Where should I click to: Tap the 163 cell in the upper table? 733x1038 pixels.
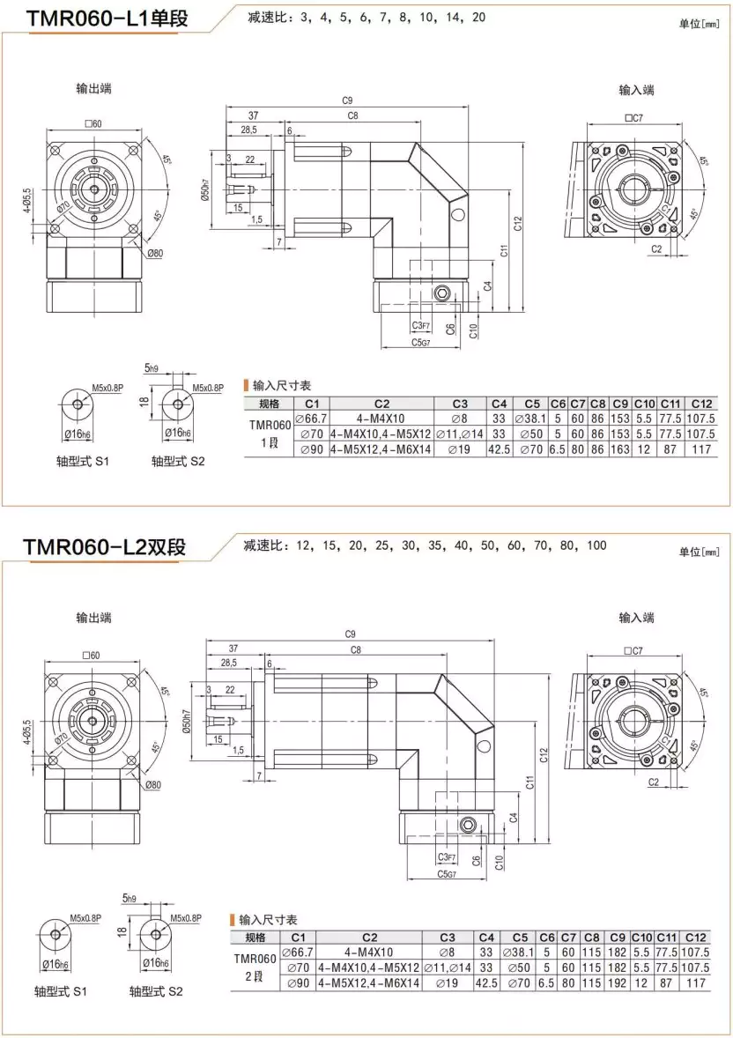[619, 449]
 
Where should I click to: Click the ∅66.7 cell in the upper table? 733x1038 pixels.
[310, 418]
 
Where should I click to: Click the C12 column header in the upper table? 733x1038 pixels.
[701, 404]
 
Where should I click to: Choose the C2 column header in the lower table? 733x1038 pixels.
[369, 937]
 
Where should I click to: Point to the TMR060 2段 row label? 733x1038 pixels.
[255, 966]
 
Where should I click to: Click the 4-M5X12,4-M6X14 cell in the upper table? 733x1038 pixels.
[381, 449]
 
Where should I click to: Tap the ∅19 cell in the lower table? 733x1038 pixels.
[447, 982]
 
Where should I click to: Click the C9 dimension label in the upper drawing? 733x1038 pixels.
[347, 100]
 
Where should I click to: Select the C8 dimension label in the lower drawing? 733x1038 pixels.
[356, 649]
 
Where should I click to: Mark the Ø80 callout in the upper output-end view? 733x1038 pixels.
[154, 253]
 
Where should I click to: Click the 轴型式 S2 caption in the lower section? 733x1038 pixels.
[156, 990]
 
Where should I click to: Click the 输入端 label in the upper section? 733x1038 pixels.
[636, 90]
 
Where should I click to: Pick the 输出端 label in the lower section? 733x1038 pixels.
[93, 618]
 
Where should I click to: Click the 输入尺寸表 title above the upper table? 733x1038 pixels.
[281, 386]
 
